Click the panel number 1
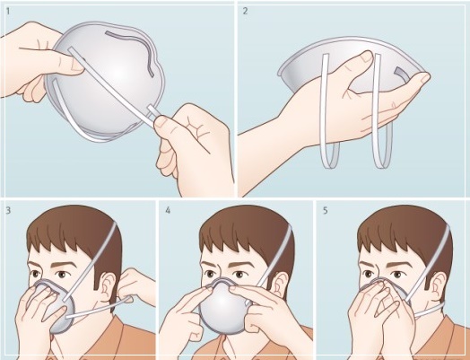click(8, 12)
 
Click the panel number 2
click(245, 11)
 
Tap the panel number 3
click(8, 210)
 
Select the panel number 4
click(168, 210)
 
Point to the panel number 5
click(326, 210)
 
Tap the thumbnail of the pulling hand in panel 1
click(160, 122)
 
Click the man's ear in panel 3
click(108, 287)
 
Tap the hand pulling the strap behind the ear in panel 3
click(136, 285)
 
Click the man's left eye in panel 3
click(63, 274)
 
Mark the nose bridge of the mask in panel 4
click(222, 281)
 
